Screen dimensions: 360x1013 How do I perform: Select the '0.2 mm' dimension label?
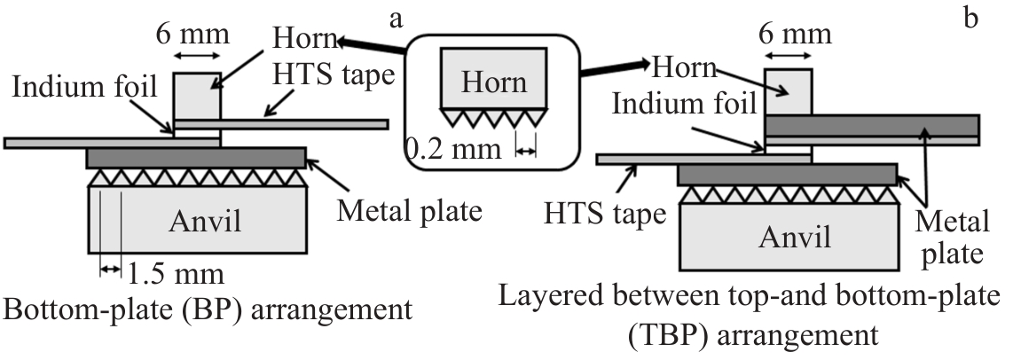pyautogui.click(x=446, y=152)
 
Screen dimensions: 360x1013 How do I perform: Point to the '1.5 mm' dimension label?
pyautogui.click(x=169, y=271)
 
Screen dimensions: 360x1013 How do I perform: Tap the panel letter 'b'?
pyautogui.click(x=970, y=18)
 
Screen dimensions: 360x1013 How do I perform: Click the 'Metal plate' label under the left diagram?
pyautogui.click(x=409, y=212)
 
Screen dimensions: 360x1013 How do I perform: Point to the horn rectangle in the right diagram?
pyautogui.click(x=788, y=91)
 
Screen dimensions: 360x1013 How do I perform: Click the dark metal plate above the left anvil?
pyautogui.click(x=196, y=158)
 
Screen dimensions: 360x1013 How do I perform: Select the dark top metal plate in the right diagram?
pyautogui.click(x=872, y=125)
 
